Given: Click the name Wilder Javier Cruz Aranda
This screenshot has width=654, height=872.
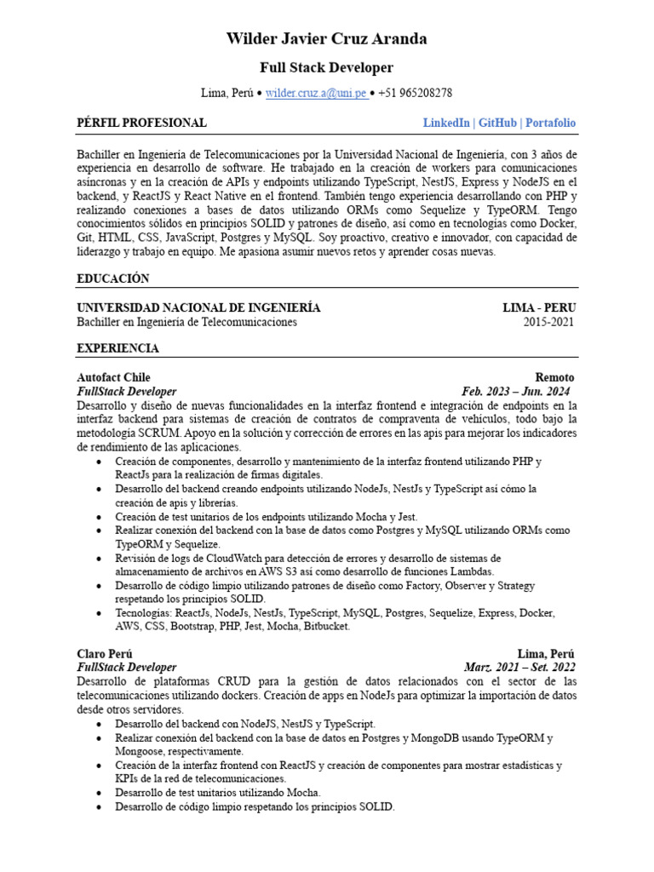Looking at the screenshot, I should [327, 39].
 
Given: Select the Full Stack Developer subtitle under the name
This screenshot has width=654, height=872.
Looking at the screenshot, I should [327, 67].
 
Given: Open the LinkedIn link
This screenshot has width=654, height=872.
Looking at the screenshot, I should [446, 123].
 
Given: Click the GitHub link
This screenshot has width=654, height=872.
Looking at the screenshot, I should [497, 123].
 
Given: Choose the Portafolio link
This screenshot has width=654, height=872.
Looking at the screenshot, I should [550, 123].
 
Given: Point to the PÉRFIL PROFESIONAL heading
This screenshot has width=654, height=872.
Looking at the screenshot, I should [141, 123].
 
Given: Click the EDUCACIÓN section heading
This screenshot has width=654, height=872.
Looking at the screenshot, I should [112, 278].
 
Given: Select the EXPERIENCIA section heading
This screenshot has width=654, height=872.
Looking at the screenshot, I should [118, 348].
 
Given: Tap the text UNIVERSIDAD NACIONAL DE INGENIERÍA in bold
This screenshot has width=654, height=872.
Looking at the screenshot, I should [198, 307].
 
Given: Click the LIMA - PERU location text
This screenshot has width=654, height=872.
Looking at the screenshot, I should [538, 307].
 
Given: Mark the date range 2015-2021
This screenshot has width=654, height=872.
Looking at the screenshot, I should [548, 322].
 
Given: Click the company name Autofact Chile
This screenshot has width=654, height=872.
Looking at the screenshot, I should [113, 377].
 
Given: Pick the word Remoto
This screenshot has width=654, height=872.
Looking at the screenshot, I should [554, 377].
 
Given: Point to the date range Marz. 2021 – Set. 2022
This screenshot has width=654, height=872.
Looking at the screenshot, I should [519, 668].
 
